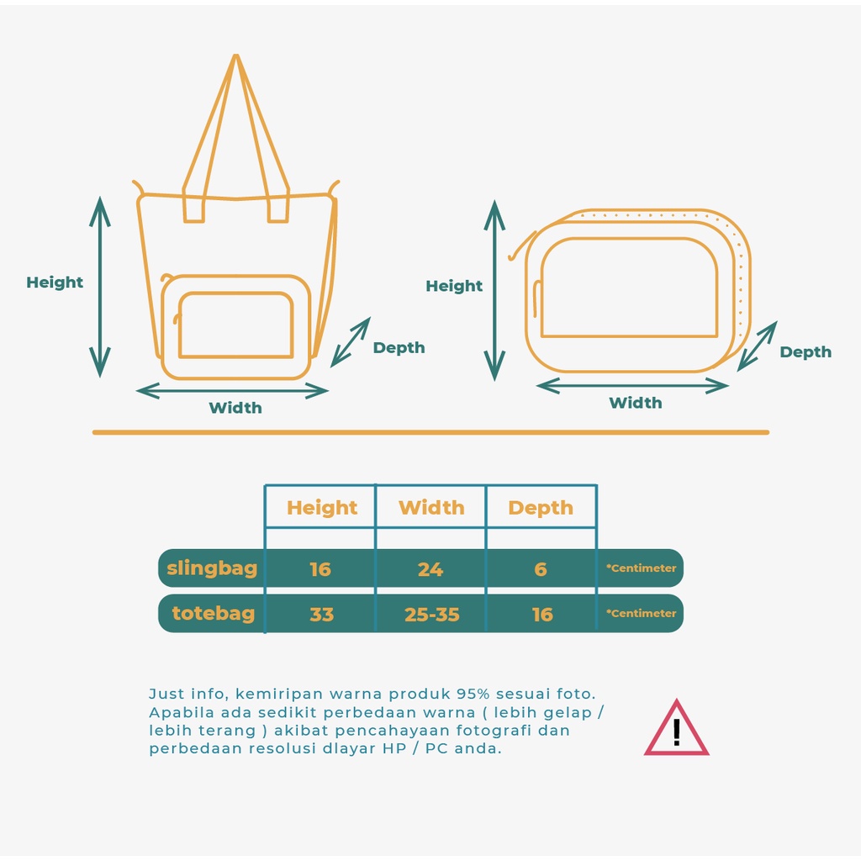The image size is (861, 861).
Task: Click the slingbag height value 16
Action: (320, 569)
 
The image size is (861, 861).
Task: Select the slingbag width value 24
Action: (430, 569)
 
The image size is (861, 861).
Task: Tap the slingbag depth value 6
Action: (541, 569)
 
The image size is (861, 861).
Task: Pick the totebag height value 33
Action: (322, 614)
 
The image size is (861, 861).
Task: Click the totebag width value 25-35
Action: (431, 614)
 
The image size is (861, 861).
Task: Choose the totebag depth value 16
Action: (542, 614)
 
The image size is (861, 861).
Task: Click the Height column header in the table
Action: (322, 508)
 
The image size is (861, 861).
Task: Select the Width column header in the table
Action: (431, 507)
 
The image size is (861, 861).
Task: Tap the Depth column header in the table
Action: (541, 508)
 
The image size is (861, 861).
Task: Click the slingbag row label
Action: (212, 568)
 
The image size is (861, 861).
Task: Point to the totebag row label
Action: (214, 613)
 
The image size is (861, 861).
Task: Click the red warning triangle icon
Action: (677, 728)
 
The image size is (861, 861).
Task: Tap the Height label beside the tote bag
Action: (55, 283)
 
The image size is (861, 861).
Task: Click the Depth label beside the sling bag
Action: (806, 352)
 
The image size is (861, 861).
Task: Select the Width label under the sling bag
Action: (636, 403)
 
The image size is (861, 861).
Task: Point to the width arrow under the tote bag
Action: (232, 391)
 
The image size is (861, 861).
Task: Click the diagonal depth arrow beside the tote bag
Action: (351, 342)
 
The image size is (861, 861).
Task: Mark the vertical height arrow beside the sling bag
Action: (494, 290)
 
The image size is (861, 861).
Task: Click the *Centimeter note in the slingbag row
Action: (642, 568)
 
